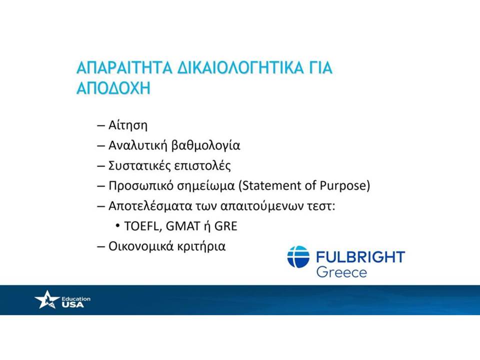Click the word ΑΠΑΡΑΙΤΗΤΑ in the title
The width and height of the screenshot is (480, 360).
click(x=124, y=67)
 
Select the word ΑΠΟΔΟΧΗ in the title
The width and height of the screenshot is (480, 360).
click(x=113, y=88)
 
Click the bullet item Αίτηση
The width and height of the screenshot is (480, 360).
click(x=128, y=125)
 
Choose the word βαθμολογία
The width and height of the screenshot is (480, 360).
click(x=205, y=145)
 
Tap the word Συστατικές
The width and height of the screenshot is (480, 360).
click(x=139, y=165)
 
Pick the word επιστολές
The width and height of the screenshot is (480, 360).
click(x=202, y=165)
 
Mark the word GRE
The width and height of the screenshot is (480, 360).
click(x=226, y=226)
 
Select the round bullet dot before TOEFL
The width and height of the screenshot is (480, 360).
click(x=117, y=226)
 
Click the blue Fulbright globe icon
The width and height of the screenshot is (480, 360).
click(x=298, y=257)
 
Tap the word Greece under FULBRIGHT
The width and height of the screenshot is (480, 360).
click(x=341, y=272)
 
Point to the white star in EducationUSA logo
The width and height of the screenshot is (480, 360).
click(x=47, y=299)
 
